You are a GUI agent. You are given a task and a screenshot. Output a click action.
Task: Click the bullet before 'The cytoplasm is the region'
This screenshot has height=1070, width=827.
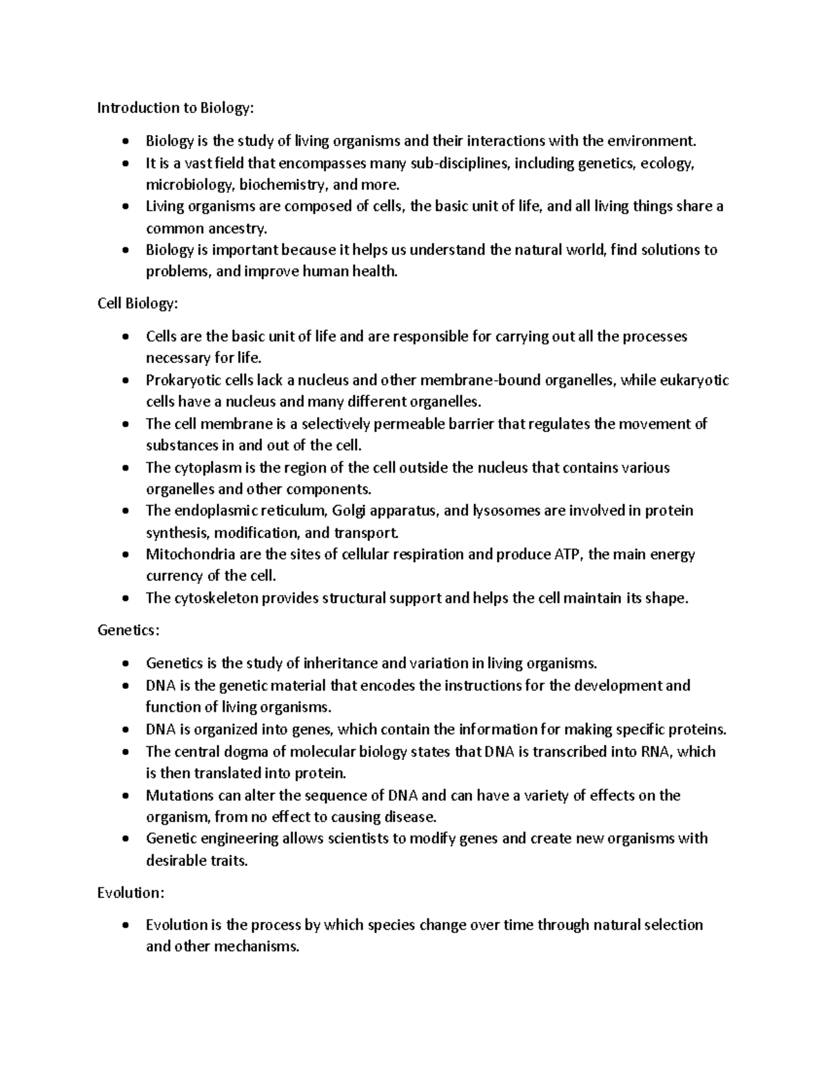124,468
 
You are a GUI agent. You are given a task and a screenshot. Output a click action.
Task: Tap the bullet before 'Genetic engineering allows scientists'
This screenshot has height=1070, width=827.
124,838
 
